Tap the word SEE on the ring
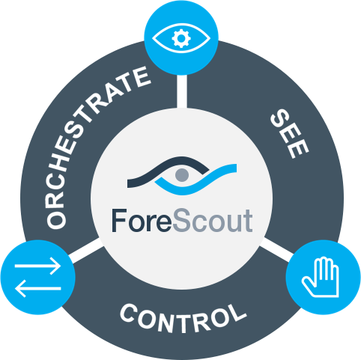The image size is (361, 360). point(290,134)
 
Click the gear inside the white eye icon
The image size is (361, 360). point(181,38)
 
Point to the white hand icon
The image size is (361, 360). point(321,277)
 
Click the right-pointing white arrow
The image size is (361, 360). point(37,266)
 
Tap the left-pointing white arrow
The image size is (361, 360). point(37,288)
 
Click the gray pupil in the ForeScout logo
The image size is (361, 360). point(182,174)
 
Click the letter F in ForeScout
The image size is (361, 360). point(119,221)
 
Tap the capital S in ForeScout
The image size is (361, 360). point(181,221)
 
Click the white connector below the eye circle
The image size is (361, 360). point(182,91)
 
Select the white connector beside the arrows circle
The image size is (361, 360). point(85,250)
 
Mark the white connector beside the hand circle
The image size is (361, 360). point(276,249)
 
